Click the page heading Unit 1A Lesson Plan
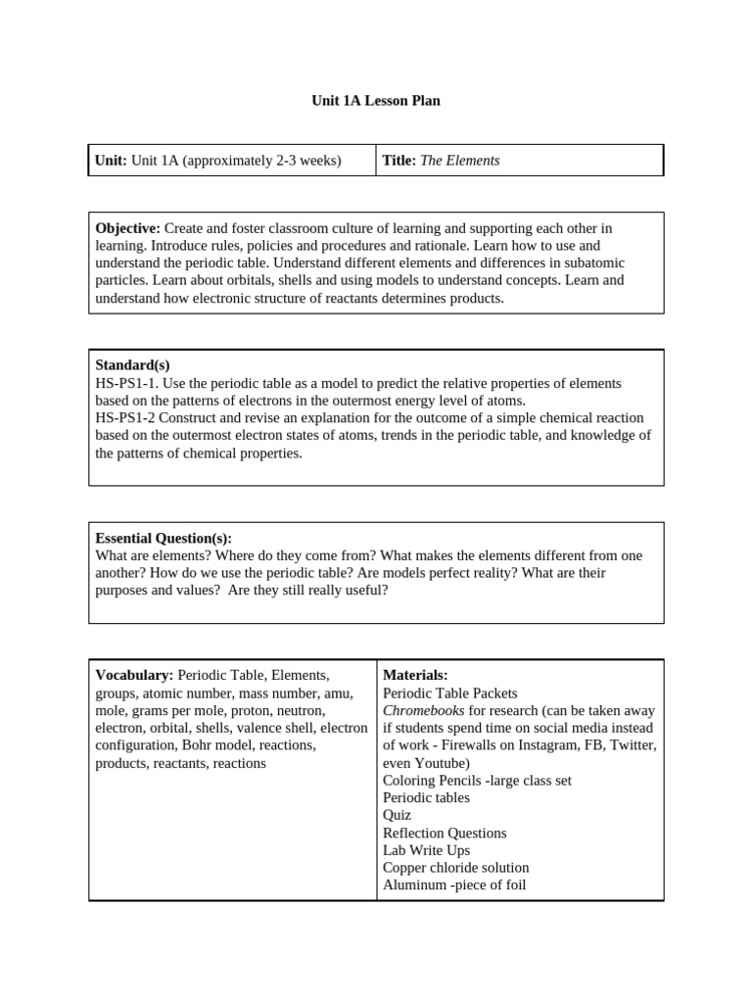click(376, 101)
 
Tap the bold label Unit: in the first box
click(111, 161)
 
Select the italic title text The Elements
click(459, 161)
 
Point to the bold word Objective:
click(127, 228)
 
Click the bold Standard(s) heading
click(132, 365)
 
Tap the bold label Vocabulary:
click(134, 675)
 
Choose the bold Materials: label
click(415, 675)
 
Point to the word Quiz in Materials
click(397, 815)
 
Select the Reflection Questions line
click(445, 833)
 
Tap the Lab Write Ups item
click(426, 850)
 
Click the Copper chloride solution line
click(455, 868)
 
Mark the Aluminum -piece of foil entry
click(454, 885)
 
